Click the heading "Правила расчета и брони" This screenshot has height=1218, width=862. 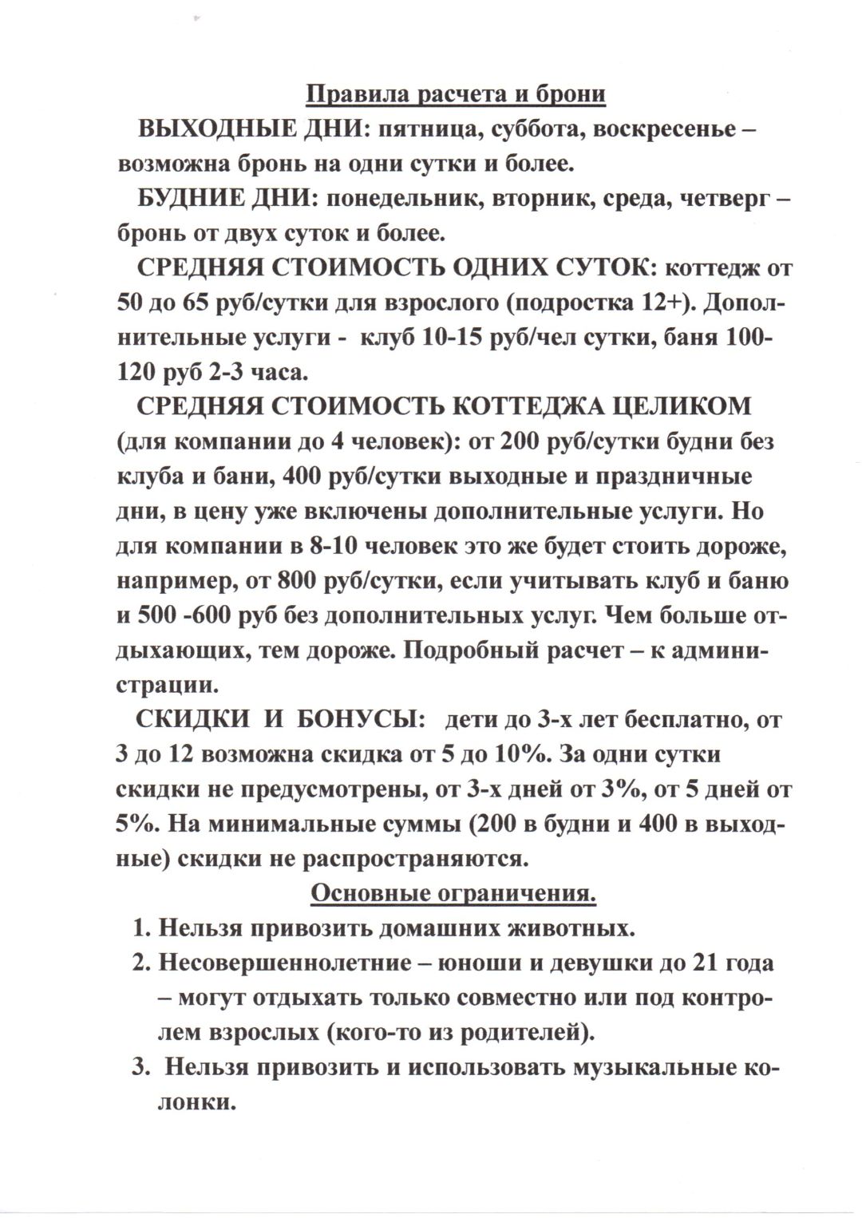[x=456, y=94]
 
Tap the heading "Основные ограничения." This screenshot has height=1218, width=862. [x=453, y=893]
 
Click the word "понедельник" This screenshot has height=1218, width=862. [x=398, y=200]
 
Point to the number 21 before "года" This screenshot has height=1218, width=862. [x=702, y=963]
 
